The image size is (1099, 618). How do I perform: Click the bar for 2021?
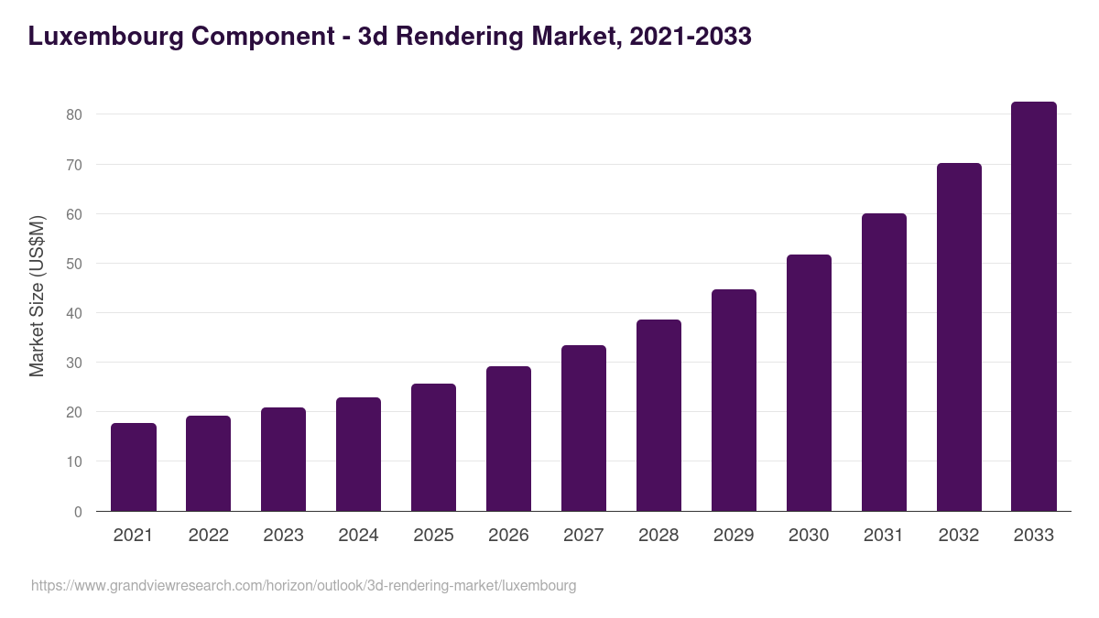134,467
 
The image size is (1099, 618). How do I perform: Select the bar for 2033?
1034,307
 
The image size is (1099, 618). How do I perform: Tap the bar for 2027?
583,428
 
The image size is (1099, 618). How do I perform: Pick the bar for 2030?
809,383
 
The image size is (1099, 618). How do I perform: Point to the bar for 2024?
358,454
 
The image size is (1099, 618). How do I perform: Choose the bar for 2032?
959,337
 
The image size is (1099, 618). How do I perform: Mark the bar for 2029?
734,400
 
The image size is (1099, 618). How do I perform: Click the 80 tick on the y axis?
73,115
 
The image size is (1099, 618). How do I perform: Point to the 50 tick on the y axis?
73,264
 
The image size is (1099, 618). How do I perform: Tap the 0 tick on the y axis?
78,512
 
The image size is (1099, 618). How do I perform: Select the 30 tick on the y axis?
73,363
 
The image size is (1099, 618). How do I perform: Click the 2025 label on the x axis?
433,536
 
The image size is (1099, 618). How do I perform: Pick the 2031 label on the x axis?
884,536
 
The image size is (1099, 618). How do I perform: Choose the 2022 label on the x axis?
208,536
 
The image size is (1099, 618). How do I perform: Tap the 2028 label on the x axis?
658,536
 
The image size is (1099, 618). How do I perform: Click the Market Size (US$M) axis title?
37,296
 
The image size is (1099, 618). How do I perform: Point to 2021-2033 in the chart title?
691,37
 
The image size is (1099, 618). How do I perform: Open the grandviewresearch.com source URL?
303,585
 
